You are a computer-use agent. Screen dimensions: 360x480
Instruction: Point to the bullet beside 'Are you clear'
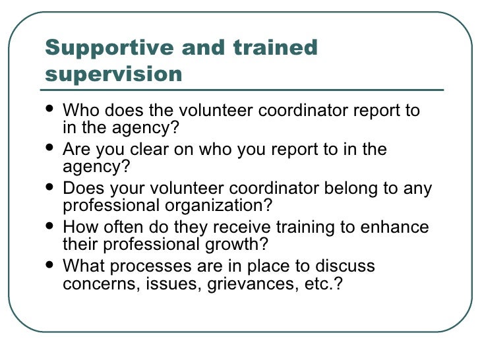(x=52, y=149)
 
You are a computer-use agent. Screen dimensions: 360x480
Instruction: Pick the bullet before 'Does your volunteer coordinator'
(x=52, y=189)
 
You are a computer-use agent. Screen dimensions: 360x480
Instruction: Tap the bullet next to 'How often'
(x=52, y=227)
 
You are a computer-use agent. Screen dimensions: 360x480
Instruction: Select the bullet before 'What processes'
(x=52, y=267)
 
